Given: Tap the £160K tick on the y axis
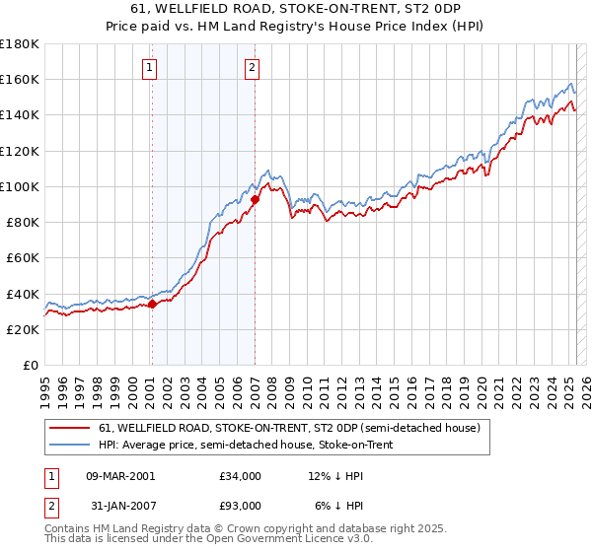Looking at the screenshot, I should coord(20,79).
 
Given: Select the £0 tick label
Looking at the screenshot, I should coord(31,365).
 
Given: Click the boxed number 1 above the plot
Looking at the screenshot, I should coord(149,68).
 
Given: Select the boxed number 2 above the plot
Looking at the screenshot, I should coord(253,68).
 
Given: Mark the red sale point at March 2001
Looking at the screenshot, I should coord(152,305).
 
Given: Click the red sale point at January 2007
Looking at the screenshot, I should coord(255,199).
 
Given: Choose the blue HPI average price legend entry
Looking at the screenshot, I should coord(246,446).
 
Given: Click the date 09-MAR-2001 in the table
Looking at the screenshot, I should coord(120,476).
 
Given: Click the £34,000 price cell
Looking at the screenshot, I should coord(241,476).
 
